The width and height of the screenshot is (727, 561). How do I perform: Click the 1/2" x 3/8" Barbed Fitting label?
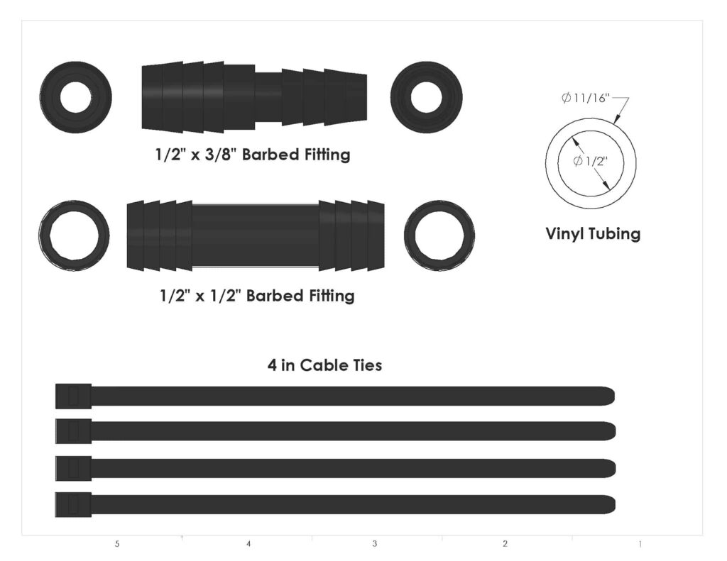point(252,155)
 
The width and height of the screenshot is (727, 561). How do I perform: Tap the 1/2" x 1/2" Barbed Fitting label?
point(257,296)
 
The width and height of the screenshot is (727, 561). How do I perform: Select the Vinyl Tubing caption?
point(592,233)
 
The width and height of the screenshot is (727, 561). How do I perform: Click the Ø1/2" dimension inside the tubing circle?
point(590,161)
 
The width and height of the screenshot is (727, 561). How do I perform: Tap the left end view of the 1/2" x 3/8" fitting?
point(76,97)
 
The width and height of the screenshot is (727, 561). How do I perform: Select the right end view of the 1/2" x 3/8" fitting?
point(426,97)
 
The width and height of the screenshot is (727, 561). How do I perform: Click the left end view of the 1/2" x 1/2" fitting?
point(74,235)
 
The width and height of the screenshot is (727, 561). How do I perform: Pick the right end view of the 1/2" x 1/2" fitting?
point(439,235)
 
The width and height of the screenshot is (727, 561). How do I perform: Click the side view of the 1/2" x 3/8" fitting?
point(254,97)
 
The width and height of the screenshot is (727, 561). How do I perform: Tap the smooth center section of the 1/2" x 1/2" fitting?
point(256,236)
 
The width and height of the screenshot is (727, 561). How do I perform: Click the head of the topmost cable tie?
point(73,396)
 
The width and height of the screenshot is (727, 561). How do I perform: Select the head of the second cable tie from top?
point(73,431)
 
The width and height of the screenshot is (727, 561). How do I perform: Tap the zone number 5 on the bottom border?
point(117,545)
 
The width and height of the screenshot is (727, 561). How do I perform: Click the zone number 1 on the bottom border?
point(640,545)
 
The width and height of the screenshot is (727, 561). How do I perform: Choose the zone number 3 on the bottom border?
point(374,545)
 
